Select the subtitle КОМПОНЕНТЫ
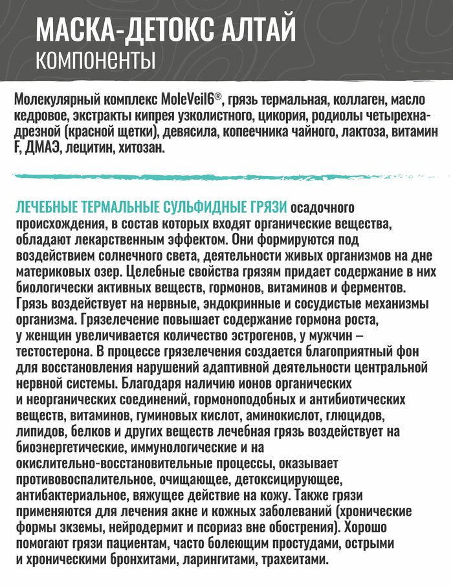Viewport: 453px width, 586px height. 95,60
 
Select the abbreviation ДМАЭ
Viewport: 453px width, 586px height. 43,149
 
